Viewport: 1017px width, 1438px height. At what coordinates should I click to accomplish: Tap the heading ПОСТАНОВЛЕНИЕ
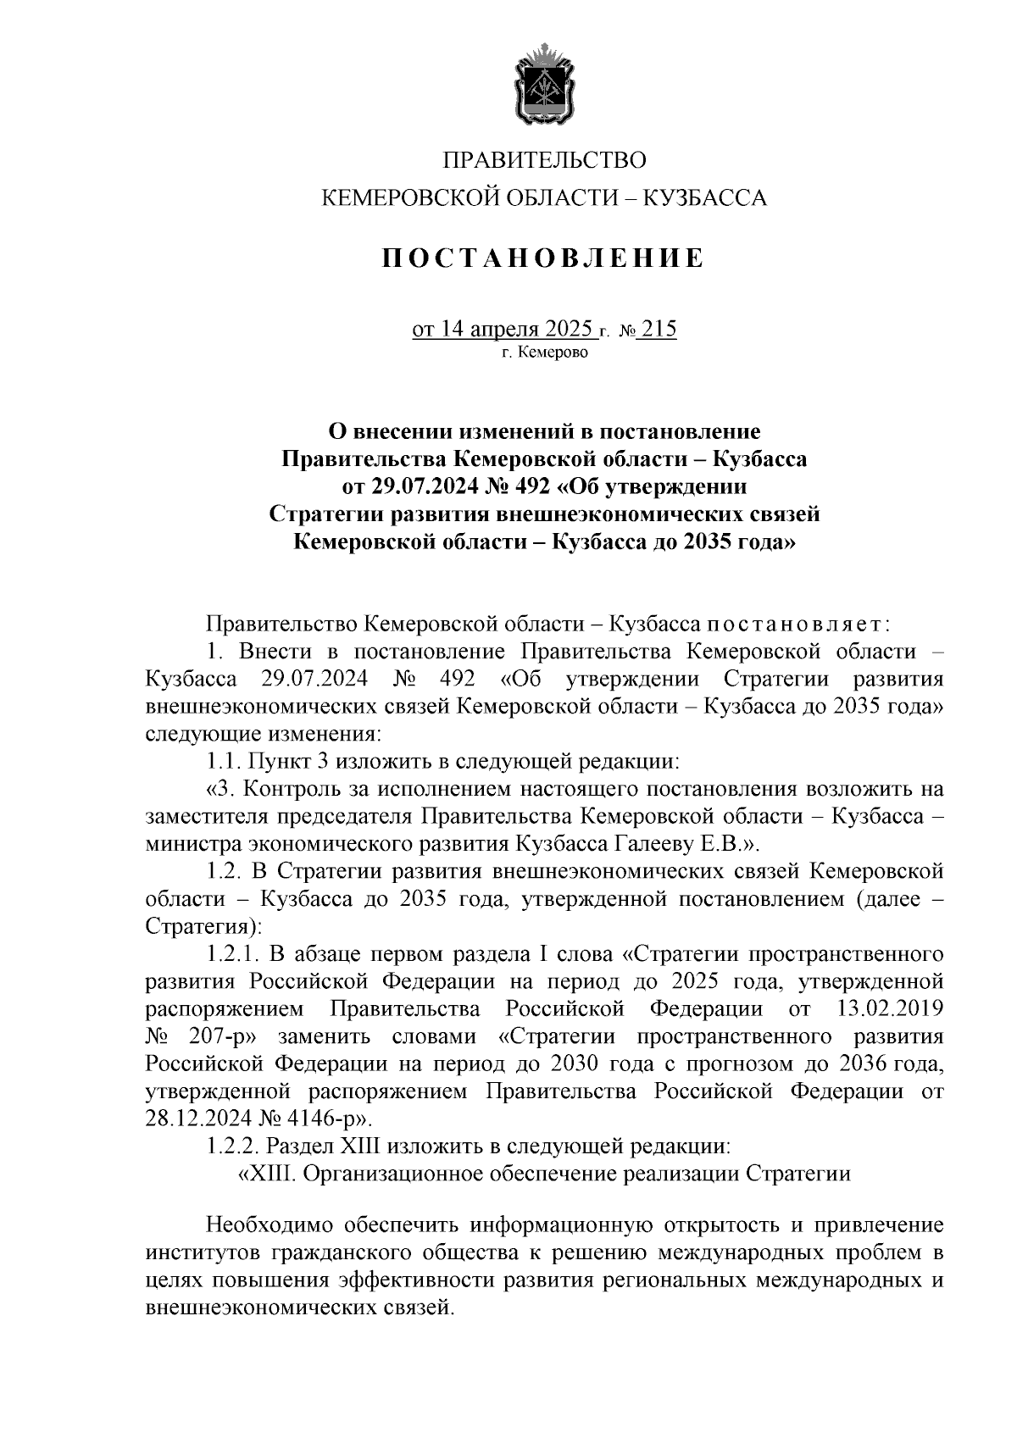[x=543, y=258]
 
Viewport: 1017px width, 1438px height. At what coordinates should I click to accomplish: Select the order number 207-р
[x=220, y=1037]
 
